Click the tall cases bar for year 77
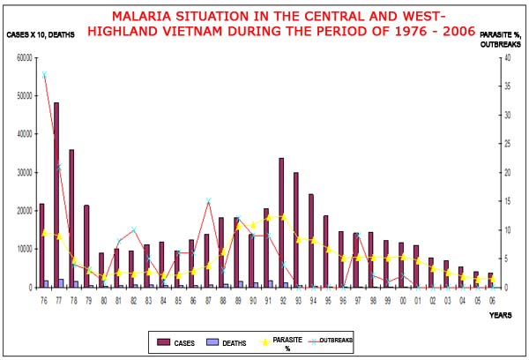(56, 194)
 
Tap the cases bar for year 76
(41, 245)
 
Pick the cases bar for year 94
(311, 240)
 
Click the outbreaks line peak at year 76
(44, 74)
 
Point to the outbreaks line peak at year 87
(208, 201)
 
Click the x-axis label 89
(237, 301)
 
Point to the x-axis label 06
(491, 301)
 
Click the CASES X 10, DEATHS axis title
(41, 34)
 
